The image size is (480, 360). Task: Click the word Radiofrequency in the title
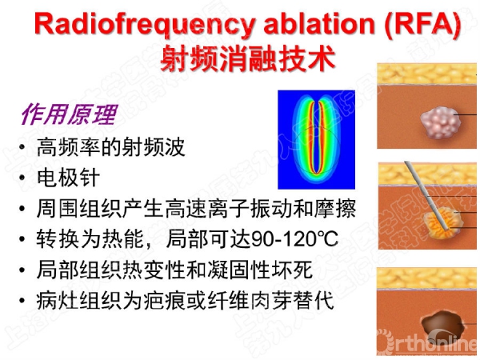pos(145,24)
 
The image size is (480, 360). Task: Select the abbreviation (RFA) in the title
pos(423,24)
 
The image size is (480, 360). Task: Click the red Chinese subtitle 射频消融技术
pos(248,58)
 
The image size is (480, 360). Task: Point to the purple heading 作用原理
pos(69,114)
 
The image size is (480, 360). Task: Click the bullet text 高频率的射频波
pos(111,147)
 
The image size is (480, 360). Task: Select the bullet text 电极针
pos(68,178)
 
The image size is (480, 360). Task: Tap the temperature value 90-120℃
pos(294,238)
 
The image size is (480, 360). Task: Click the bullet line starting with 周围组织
pos(196,209)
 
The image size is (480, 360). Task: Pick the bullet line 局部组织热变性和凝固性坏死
pos(174,270)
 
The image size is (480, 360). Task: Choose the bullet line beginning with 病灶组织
pos(186,300)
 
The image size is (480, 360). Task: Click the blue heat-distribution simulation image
pos(316,139)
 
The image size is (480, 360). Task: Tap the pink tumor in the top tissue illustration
pos(441,122)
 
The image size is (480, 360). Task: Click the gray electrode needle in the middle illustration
pos(426,196)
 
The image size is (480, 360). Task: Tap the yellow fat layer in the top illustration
pos(426,74)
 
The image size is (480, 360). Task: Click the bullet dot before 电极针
pos(22,178)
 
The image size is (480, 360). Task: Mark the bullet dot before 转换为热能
pos(22,239)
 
